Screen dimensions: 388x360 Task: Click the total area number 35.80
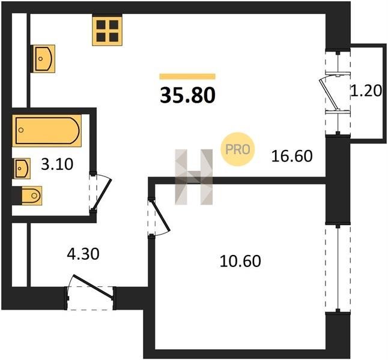point(187,95)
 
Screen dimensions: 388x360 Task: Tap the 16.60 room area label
point(292,156)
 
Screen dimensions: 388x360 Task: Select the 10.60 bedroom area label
point(240,262)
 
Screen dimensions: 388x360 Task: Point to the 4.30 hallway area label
point(83,254)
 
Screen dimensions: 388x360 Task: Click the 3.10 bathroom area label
point(57,164)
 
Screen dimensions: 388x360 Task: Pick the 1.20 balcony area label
point(366,91)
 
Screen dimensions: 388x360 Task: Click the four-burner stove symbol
point(107,31)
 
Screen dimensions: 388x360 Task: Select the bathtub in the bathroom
point(47,131)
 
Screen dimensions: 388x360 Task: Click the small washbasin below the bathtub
point(22,169)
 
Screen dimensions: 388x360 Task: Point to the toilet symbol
point(31,196)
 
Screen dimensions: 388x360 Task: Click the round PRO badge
point(237,149)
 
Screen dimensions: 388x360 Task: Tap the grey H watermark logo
point(194,177)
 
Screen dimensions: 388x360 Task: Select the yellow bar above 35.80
point(187,76)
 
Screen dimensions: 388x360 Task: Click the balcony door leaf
point(329,94)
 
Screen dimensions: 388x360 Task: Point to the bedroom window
point(338,268)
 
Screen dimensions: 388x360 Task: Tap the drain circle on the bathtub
point(21,130)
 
